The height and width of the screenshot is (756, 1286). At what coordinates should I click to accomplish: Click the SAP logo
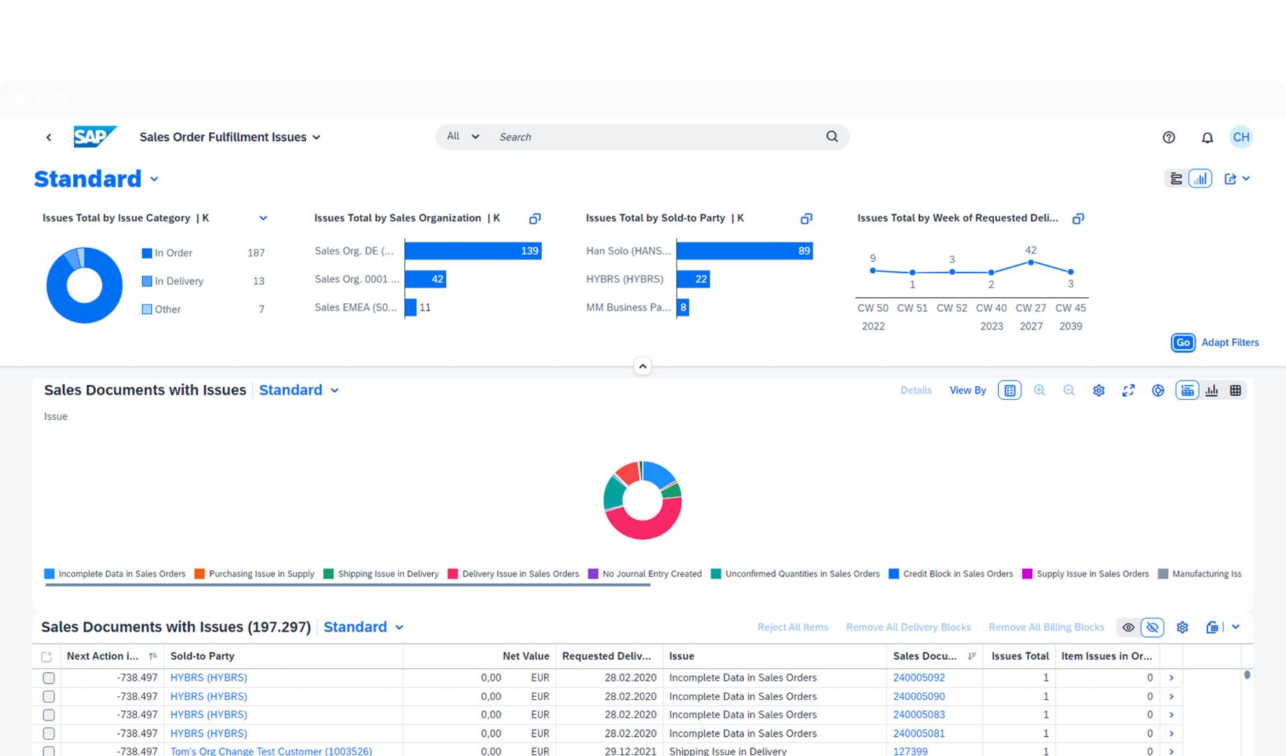click(x=94, y=137)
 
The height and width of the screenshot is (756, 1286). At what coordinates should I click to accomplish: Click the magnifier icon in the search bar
click(x=831, y=137)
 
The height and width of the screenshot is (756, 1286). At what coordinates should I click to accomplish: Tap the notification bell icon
click(x=1206, y=137)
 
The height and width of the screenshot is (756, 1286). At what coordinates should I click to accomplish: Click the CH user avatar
click(x=1241, y=137)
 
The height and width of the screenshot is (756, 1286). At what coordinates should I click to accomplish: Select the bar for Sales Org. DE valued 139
click(x=473, y=251)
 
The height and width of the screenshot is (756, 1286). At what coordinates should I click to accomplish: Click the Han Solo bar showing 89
click(x=744, y=251)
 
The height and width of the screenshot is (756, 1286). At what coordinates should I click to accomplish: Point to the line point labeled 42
click(x=1030, y=263)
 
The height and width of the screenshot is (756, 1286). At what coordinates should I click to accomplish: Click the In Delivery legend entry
click(x=179, y=281)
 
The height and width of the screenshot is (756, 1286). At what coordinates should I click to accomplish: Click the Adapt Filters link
click(x=1230, y=342)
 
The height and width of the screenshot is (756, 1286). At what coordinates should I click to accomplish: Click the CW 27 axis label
click(x=1030, y=308)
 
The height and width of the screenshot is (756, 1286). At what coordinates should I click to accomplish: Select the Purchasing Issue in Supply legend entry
click(x=261, y=574)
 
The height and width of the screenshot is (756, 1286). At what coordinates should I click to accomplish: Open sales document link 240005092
click(x=918, y=678)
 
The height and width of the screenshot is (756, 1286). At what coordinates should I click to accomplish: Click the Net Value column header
click(x=526, y=656)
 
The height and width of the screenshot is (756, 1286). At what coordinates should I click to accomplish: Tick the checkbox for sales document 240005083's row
click(x=49, y=715)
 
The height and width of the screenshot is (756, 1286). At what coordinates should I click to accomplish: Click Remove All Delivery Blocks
click(x=908, y=627)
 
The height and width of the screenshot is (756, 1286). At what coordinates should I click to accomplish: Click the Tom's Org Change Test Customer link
click(x=271, y=751)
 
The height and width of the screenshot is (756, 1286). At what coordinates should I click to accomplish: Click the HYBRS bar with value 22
click(x=692, y=279)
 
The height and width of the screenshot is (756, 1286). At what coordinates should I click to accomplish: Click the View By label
click(x=967, y=390)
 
